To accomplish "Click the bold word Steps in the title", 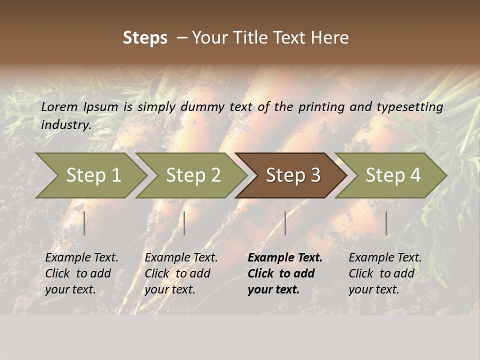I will (145, 38).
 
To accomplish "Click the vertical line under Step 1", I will (84, 223).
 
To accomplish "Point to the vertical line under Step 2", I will (184, 223).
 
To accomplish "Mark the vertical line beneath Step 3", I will (285, 223).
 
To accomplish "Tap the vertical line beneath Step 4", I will (386, 223).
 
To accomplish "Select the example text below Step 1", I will (81, 273).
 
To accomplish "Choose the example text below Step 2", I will (181, 273).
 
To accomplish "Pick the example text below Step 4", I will (385, 273).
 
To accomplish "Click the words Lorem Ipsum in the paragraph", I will (79, 107).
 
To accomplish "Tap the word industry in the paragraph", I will (66, 125).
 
